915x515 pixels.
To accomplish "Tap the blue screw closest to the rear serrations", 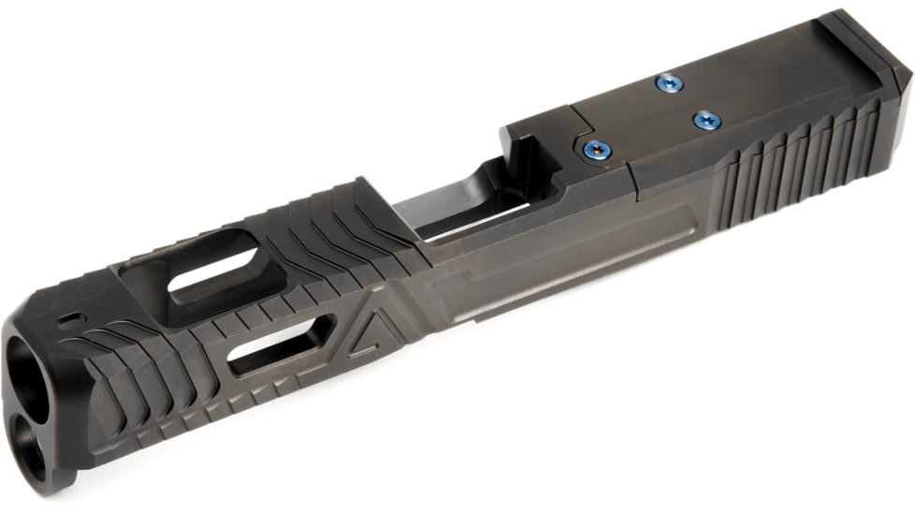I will (706, 120).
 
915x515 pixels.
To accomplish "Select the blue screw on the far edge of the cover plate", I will (668, 84).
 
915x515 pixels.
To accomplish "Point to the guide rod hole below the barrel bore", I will (34, 440).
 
